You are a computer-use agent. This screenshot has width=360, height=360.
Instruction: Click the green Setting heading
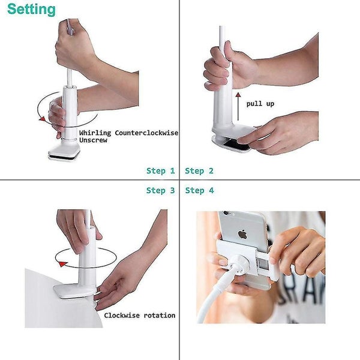point(31,10)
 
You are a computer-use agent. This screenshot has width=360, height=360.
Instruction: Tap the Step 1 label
point(161,171)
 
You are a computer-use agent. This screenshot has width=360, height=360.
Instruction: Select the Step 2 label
point(199,171)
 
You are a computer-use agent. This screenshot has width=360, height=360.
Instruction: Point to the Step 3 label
point(161,190)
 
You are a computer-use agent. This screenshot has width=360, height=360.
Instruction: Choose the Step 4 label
point(200,190)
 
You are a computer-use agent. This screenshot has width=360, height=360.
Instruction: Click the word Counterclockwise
point(146,133)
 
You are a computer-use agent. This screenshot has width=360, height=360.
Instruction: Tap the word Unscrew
point(93,140)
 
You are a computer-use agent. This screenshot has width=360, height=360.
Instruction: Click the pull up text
point(260,104)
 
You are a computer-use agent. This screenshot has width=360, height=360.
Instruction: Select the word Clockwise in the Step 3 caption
point(122,315)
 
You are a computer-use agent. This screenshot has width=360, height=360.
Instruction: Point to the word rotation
point(160,316)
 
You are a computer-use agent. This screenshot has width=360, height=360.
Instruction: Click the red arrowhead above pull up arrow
point(238,95)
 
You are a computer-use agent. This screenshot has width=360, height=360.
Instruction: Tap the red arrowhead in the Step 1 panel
point(42,119)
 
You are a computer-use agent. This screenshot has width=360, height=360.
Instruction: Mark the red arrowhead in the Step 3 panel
point(62,264)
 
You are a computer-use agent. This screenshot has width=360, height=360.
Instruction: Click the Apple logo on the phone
point(242,235)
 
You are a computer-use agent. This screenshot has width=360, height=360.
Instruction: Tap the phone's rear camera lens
point(226,213)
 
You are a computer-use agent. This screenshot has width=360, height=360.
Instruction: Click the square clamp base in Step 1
point(64,152)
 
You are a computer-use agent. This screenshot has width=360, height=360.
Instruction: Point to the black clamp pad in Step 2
point(238,145)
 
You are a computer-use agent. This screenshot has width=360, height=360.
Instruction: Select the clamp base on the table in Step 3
point(74,292)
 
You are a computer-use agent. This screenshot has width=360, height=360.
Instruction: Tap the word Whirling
point(95,133)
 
